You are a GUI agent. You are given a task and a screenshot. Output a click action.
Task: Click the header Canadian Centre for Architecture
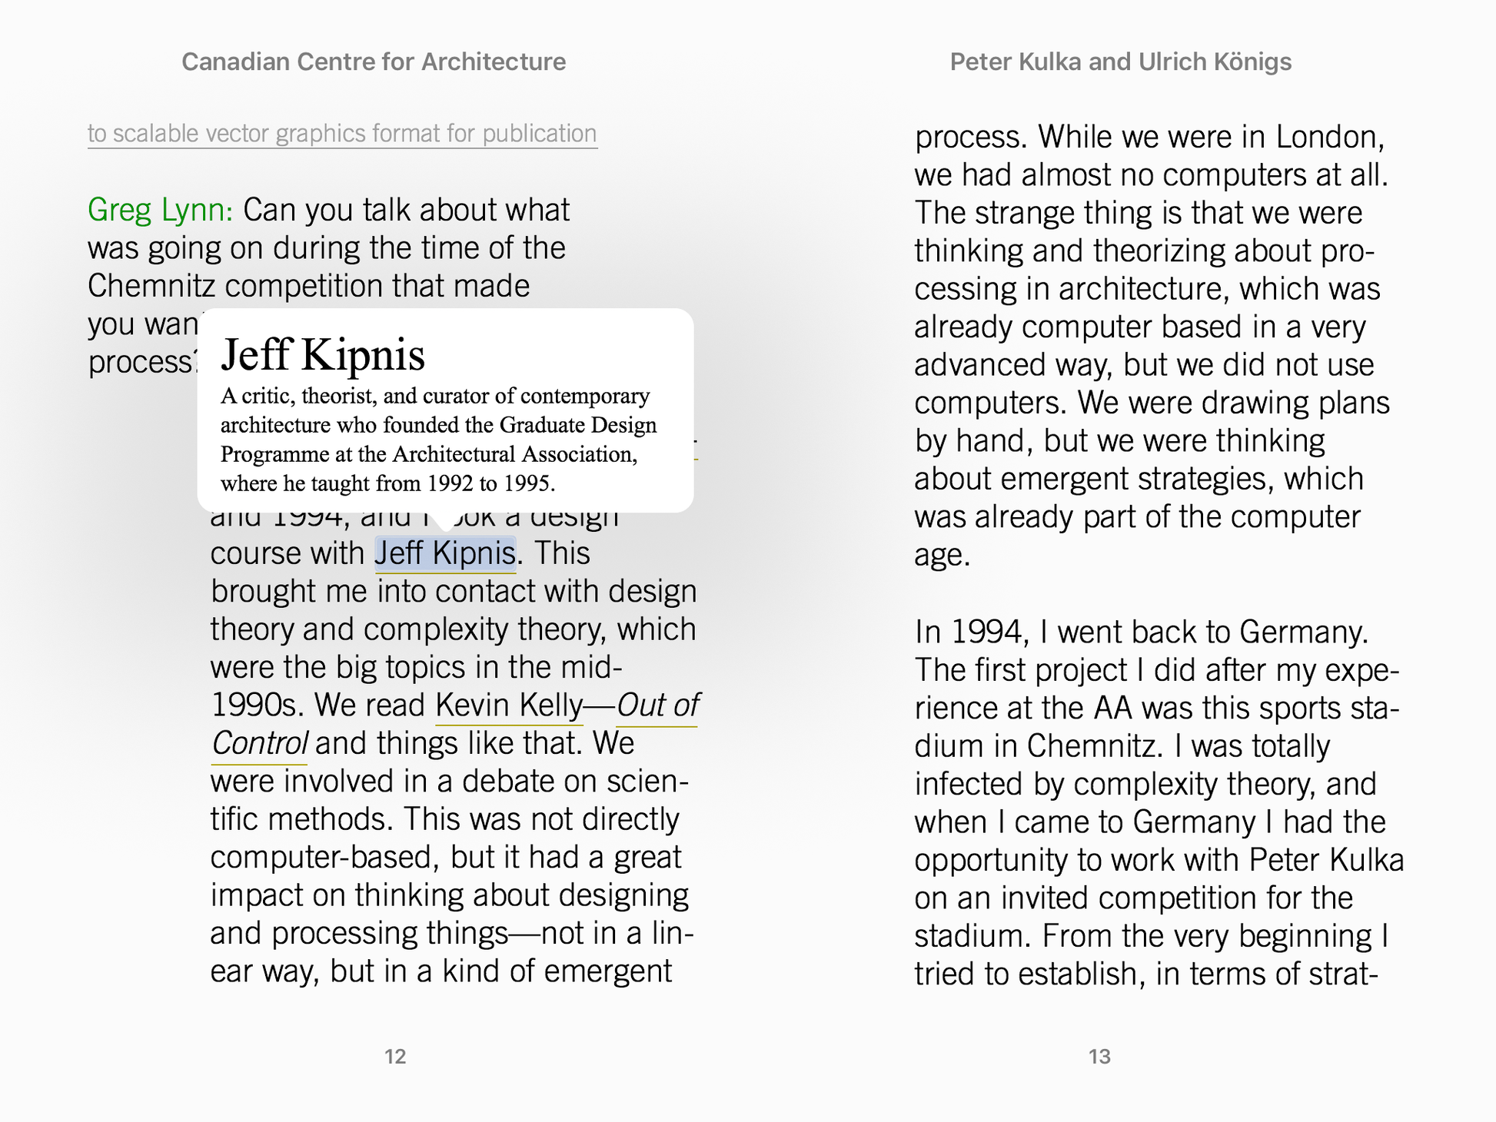(374, 61)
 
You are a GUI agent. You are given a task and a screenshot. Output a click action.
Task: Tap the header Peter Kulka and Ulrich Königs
(1120, 61)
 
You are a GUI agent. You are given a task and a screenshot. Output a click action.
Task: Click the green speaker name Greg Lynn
(159, 210)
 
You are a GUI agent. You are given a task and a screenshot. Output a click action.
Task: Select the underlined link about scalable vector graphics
(342, 134)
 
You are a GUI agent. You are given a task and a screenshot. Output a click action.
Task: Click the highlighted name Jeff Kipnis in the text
(444, 553)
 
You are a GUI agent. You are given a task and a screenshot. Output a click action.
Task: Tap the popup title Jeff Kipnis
(322, 354)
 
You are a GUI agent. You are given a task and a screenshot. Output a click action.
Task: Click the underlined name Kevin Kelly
(509, 705)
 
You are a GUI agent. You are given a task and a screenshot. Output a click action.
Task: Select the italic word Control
(259, 743)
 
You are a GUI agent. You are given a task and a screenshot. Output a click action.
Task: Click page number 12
(395, 1057)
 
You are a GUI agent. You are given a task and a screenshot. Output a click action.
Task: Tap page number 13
(1099, 1057)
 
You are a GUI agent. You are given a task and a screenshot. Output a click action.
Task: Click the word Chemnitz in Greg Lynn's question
(151, 286)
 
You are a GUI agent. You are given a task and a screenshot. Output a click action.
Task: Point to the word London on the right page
(1330, 137)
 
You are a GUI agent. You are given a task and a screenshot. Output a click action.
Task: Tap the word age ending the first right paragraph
(942, 555)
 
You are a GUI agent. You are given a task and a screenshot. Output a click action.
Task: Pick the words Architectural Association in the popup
(514, 454)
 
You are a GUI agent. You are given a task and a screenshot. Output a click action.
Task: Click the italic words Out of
(657, 705)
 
